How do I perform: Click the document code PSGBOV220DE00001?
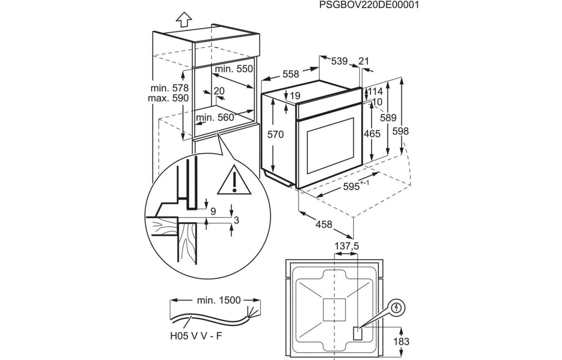coord(369,6)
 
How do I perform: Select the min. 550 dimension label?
coord(234,69)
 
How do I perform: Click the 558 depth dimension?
coord(290,74)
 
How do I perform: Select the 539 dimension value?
coord(339,61)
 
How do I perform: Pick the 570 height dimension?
coord(276,135)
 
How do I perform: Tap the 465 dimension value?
coord(372,134)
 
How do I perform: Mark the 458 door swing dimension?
coord(324,225)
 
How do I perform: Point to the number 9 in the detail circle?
coord(213,212)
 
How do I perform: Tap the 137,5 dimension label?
coord(347,246)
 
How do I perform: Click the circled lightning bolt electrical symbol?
coord(397,308)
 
